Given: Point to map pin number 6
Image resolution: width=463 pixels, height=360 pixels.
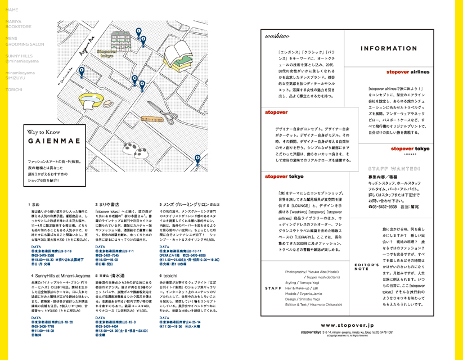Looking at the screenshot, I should [x=197, y=159].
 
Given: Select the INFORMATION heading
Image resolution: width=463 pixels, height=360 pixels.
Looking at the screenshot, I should [x=389, y=48].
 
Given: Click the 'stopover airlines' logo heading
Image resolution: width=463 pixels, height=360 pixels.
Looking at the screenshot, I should [x=408, y=73].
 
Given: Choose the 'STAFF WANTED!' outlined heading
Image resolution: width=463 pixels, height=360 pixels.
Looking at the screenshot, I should [x=394, y=168].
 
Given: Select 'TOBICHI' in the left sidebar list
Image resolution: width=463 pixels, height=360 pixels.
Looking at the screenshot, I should [x=15, y=90].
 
